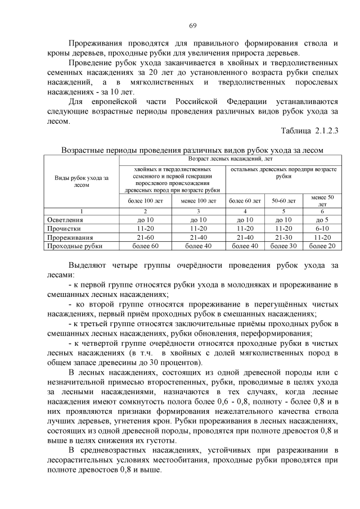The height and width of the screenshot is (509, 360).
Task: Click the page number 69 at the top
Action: point(192,26)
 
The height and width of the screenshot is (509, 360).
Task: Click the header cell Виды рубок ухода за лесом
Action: point(82,181)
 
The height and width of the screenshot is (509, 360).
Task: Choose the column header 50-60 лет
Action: point(283,200)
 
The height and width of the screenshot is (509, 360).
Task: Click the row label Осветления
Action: point(65,220)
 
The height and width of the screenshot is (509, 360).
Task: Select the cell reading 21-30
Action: point(283,237)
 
